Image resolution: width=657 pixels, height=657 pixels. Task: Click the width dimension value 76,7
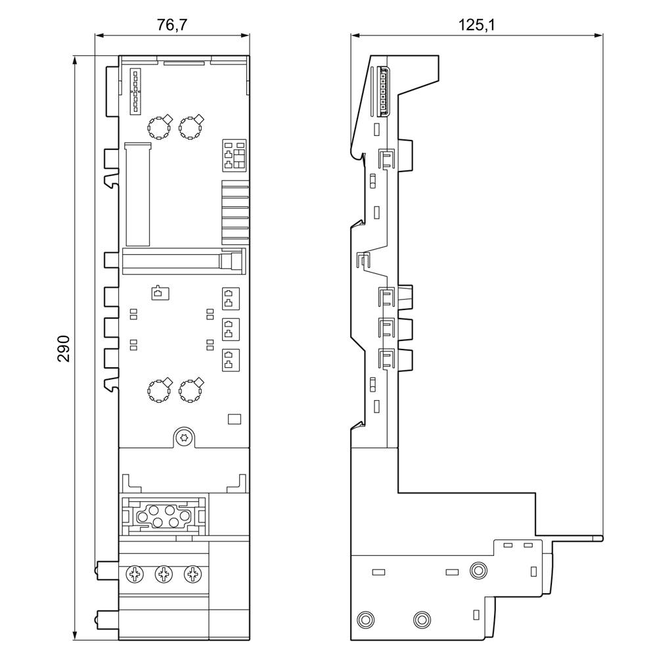pyautogui.click(x=172, y=25)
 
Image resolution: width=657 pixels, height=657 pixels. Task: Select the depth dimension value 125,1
pyautogui.click(x=476, y=25)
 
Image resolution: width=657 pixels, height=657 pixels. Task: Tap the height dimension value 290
pyautogui.click(x=63, y=348)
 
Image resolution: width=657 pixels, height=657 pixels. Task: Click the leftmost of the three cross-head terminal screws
pyautogui.click(x=135, y=575)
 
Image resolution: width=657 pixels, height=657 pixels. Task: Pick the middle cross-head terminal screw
pyautogui.click(x=164, y=575)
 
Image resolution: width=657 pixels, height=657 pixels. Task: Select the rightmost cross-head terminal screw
pyautogui.click(x=192, y=575)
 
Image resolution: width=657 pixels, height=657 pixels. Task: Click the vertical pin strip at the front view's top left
pyautogui.click(x=135, y=91)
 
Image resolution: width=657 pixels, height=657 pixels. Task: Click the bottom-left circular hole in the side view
pyautogui.click(x=363, y=619)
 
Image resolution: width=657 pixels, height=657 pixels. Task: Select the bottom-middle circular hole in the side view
pyautogui.click(x=421, y=619)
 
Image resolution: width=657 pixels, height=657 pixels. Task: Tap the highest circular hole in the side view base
pyautogui.click(x=479, y=570)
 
